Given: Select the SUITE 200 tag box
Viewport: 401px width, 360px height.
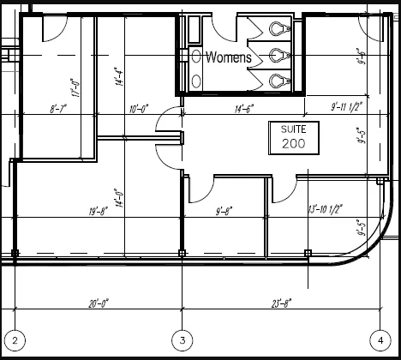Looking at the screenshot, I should click(x=293, y=137).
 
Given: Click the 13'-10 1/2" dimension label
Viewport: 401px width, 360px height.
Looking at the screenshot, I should click(x=325, y=208).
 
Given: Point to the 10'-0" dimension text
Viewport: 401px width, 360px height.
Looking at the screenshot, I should click(x=139, y=108).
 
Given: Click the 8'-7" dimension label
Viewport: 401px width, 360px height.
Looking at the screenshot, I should click(x=59, y=108).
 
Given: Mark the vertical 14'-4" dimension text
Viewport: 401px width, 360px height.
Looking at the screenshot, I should click(x=123, y=77).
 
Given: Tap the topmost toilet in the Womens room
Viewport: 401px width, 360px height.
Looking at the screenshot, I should click(x=276, y=28).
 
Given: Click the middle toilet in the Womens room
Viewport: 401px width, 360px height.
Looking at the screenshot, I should click(x=276, y=55).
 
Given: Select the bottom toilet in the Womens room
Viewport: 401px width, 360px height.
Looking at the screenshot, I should click(x=276, y=81).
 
